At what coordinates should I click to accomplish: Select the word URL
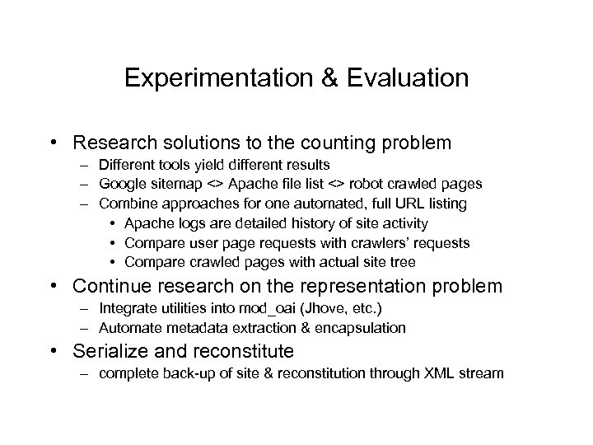point(402,203)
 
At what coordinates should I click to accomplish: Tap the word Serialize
point(108,352)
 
